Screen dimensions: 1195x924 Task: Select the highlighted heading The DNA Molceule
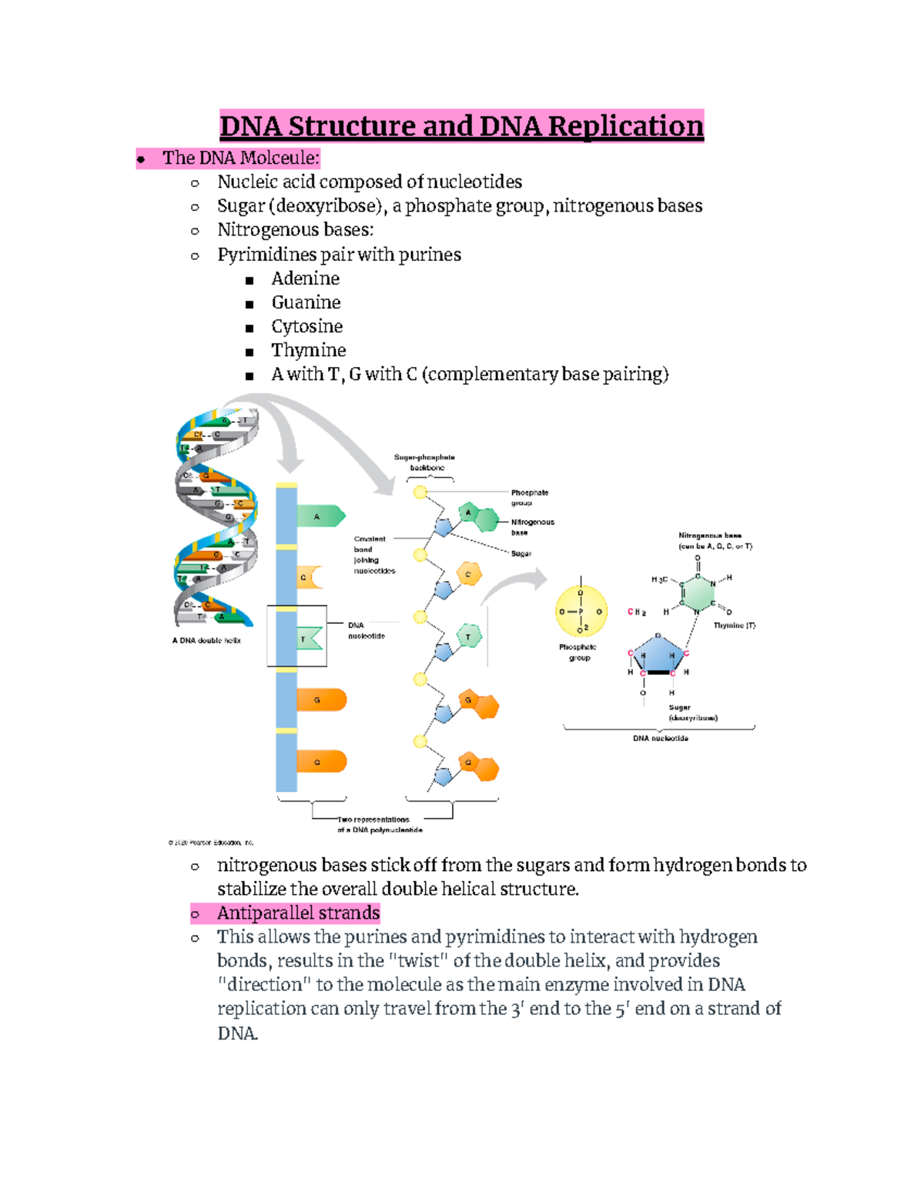point(239,159)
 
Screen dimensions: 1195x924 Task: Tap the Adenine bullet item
point(305,279)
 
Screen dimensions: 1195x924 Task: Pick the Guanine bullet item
point(306,302)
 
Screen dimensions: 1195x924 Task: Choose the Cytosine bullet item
point(306,326)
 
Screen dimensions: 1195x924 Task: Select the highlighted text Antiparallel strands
point(298,913)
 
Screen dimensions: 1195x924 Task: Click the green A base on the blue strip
point(320,516)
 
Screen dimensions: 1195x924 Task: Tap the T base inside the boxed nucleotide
point(309,639)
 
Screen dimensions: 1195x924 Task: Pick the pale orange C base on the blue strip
point(308,577)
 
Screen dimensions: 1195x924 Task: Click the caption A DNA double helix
point(206,640)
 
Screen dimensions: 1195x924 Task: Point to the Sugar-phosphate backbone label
point(425,462)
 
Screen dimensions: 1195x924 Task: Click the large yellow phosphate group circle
point(581,612)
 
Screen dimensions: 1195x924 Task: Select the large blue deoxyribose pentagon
point(658,654)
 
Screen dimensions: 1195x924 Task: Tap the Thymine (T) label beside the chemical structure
point(734,626)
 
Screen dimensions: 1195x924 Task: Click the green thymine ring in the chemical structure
point(698,593)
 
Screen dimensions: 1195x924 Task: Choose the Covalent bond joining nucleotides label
point(373,555)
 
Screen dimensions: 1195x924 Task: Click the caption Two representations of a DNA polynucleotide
point(380,825)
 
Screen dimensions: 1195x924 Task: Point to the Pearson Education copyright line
point(211,843)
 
